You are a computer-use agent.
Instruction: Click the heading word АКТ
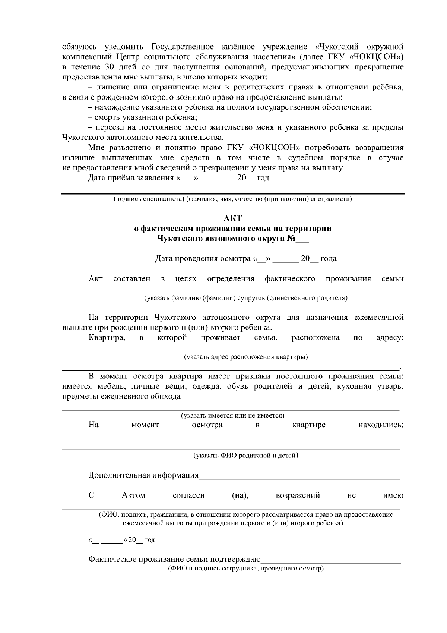(232, 218)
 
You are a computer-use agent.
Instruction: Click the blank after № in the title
(302, 239)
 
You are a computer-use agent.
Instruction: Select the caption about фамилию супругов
(246, 298)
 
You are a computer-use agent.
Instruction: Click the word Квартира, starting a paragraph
(107, 338)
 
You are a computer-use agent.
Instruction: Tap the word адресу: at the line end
(390, 338)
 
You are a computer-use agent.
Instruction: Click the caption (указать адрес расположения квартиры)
(246, 357)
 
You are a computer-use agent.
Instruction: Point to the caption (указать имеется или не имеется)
(232, 415)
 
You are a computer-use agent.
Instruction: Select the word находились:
(381, 425)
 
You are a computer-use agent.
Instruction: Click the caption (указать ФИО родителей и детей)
(246, 455)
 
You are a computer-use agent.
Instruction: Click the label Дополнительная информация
(143, 475)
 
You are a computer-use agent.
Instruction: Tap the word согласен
(189, 495)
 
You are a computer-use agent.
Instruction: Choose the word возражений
(298, 495)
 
